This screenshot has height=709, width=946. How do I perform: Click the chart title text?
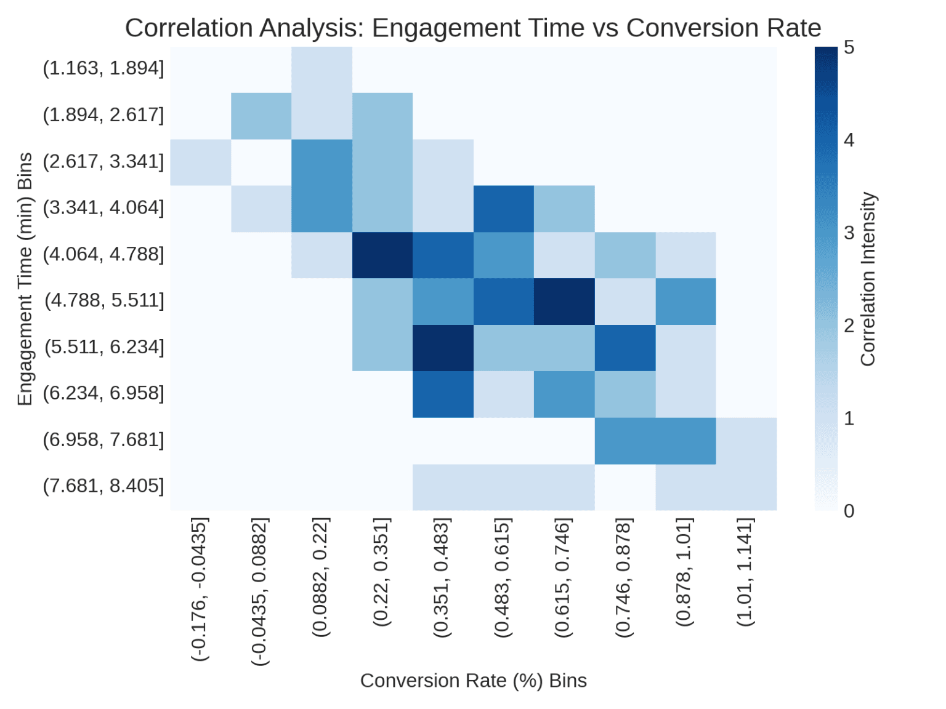pyautogui.click(x=472, y=28)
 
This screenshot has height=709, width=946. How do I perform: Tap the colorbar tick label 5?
pyautogui.click(x=849, y=47)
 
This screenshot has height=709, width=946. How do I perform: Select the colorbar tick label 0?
pyautogui.click(x=849, y=511)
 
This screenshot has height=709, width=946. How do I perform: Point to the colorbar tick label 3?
pyautogui.click(x=849, y=233)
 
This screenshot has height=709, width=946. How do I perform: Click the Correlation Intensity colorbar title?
pyautogui.click(x=868, y=279)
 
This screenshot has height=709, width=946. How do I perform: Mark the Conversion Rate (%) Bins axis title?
pyautogui.click(x=473, y=681)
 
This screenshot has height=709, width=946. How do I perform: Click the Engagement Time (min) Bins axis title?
pyautogui.click(x=25, y=279)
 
